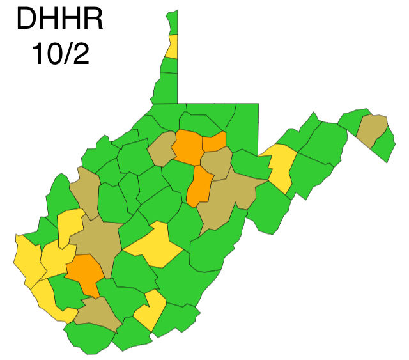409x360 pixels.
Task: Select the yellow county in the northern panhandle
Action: [x=172, y=48]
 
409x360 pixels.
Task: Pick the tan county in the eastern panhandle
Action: [x=372, y=129]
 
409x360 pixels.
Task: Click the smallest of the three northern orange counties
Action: [x=214, y=142]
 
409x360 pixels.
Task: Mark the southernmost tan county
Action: [x=98, y=313]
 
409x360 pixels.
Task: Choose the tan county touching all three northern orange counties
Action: [x=217, y=164]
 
